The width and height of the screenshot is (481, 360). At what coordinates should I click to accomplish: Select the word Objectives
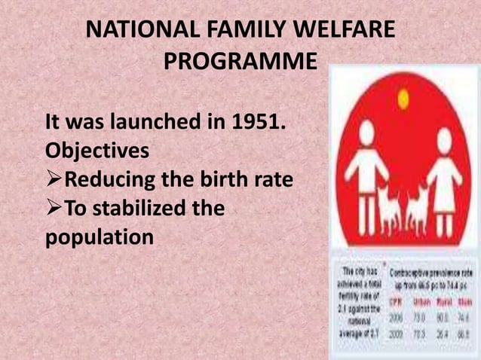pos(97,150)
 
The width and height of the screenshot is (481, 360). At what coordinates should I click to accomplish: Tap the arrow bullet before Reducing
pos(52,178)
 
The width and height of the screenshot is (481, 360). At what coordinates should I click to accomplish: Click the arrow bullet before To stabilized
pos(52,207)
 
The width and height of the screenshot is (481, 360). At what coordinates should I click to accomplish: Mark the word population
pos(99,236)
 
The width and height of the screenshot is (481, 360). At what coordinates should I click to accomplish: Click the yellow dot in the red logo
pos(403,96)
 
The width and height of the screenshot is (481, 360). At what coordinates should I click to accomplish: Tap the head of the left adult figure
pos(367,133)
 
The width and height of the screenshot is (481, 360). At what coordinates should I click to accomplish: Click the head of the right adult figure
pos(445,138)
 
